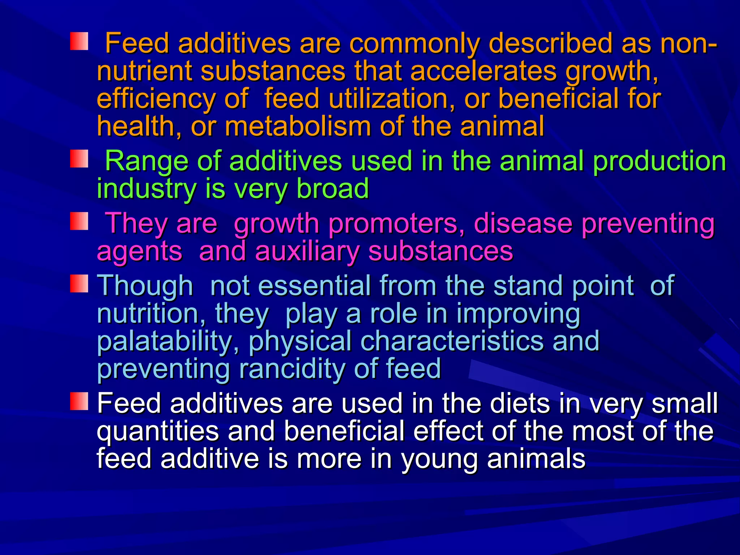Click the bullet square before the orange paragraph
click(x=79, y=41)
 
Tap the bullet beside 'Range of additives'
click(x=79, y=159)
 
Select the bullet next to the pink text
click(x=79, y=221)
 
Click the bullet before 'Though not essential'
click(x=79, y=284)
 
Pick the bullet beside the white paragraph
click(x=79, y=401)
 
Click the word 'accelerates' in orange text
click(x=483, y=71)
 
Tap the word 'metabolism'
click(x=298, y=126)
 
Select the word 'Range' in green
click(x=146, y=161)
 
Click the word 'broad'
click(x=332, y=189)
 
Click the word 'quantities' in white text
click(x=158, y=431)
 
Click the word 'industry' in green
click(x=146, y=189)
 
